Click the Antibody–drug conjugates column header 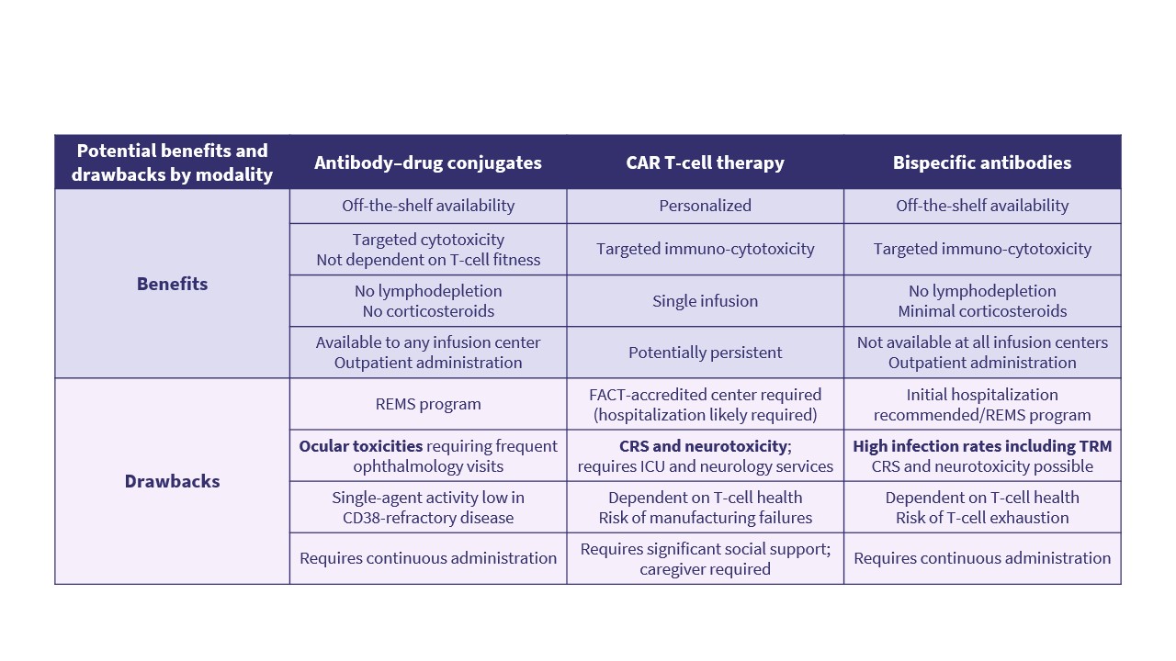[x=428, y=162]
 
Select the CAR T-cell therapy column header [x=705, y=162]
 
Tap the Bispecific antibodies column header [x=982, y=162]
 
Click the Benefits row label [x=172, y=284]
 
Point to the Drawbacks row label [x=172, y=481]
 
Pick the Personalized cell [x=705, y=206]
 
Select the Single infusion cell [x=705, y=301]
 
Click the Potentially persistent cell [x=705, y=353]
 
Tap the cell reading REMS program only [x=428, y=404]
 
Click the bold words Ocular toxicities [x=361, y=446]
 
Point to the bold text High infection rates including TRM [x=982, y=446]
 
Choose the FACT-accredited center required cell [x=705, y=404]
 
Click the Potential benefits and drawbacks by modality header [x=172, y=162]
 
